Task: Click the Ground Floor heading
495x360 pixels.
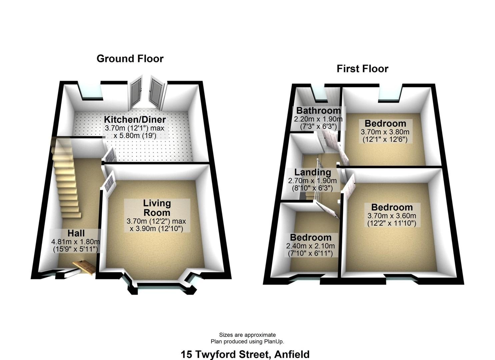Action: pos(130,59)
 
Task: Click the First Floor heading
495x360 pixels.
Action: pos(362,69)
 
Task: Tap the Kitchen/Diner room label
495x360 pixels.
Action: pos(135,120)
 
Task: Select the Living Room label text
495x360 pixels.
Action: pos(157,208)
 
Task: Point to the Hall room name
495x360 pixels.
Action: pos(76,233)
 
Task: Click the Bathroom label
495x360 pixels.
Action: pos(318,110)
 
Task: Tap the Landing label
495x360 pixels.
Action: pos(313,172)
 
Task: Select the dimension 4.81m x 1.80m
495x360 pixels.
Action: pos(76,242)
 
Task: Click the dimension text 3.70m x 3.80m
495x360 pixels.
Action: pos(385,132)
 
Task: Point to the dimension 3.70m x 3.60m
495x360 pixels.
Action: pos(392,215)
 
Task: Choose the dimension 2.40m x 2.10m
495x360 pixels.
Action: pos(310,246)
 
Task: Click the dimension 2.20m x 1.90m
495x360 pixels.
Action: pos(318,119)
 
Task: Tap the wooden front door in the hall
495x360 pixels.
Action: pos(84,268)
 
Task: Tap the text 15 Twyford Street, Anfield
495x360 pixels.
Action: pos(245,354)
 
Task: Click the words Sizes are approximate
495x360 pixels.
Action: pos(247,335)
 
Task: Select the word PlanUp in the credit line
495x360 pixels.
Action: pos(274,342)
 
